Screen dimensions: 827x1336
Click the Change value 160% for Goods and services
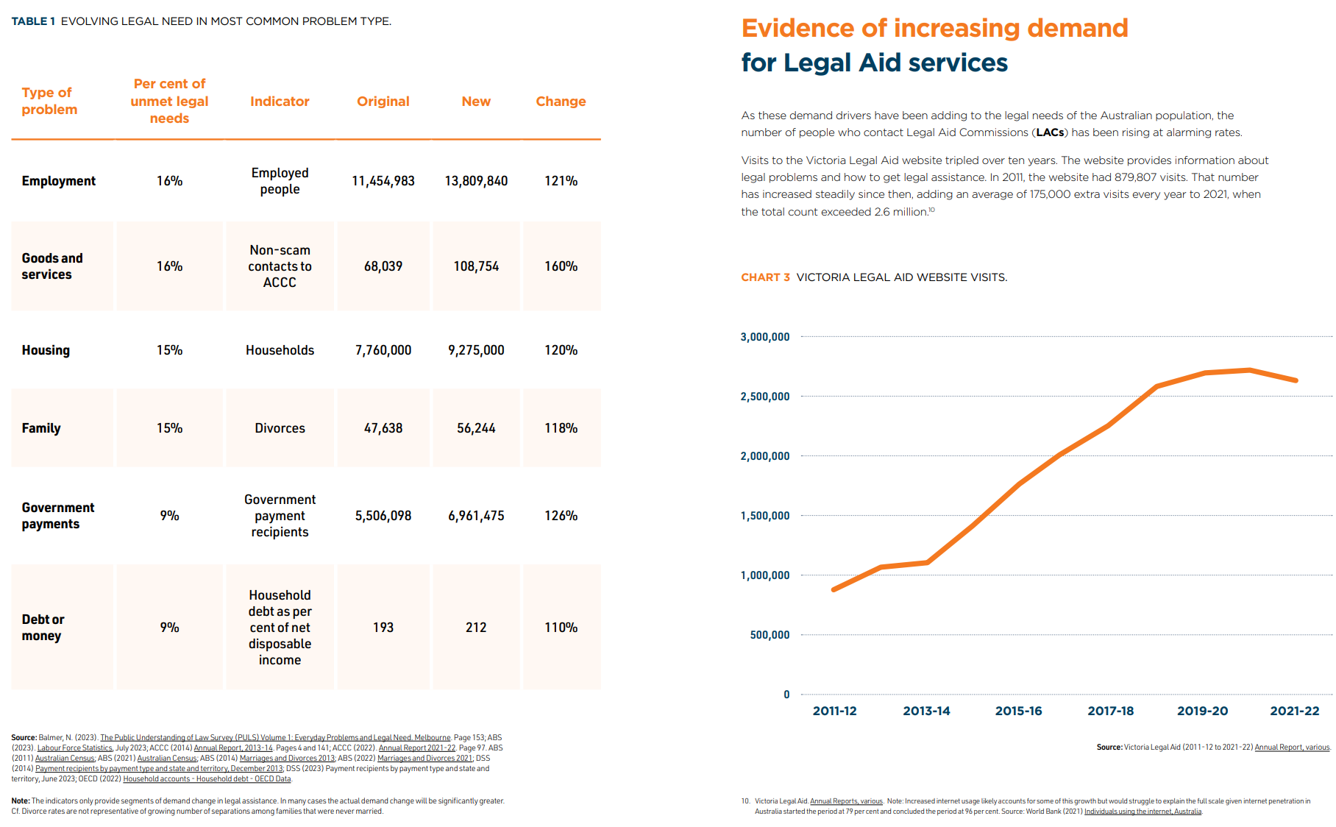click(x=561, y=266)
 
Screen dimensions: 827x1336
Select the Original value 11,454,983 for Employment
click(x=383, y=181)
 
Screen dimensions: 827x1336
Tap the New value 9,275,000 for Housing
click(x=476, y=350)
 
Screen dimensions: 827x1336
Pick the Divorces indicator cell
click(x=280, y=428)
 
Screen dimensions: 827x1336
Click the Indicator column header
click(x=280, y=102)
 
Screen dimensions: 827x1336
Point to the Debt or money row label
click(x=43, y=628)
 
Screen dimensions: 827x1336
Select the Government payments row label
click(x=57, y=516)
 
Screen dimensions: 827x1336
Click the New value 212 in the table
click(x=476, y=628)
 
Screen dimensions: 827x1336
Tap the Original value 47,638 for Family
click(x=383, y=428)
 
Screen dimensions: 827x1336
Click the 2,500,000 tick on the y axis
click(x=764, y=397)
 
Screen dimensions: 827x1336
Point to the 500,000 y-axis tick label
click(x=770, y=635)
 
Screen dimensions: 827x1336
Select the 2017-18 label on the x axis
click(x=1110, y=711)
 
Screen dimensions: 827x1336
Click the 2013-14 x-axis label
click(x=926, y=711)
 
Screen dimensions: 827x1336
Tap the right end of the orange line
click(x=1296, y=380)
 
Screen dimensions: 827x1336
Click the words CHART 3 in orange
click(x=765, y=277)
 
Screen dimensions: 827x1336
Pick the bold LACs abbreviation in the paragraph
click(x=1050, y=132)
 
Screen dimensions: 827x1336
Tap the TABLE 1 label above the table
click(x=33, y=21)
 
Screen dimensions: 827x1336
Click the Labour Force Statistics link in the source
click(x=75, y=748)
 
